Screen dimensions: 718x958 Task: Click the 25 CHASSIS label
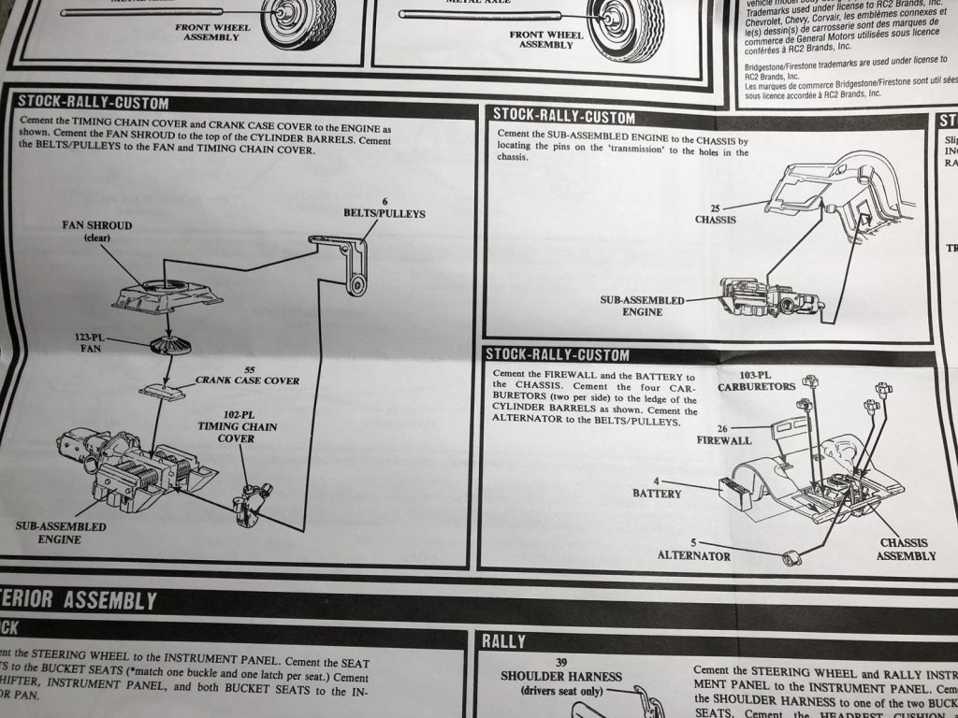[717, 214]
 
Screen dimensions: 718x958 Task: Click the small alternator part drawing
[794, 559]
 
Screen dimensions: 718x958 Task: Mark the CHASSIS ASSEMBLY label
[906, 549]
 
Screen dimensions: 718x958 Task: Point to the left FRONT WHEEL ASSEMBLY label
[212, 32]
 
